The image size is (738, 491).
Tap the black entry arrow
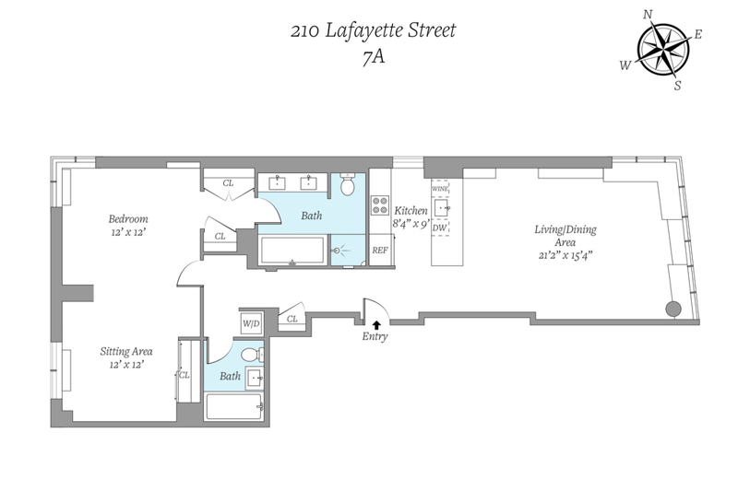(x=376, y=324)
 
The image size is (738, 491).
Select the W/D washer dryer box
(x=250, y=323)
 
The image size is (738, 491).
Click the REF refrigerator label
(x=380, y=251)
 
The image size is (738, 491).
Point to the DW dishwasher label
(x=440, y=228)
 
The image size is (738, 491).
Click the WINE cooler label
(x=440, y=189)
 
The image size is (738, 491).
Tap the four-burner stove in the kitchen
(x=380, y=205)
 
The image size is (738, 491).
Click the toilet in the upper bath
(x=348, y=184)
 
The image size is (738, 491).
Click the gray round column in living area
(x=673, y=310)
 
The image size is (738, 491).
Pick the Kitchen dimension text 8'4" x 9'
(x=411, y=224)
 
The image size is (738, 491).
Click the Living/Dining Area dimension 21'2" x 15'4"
(x=565, y=255)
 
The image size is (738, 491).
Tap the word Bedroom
(x=128, y=219)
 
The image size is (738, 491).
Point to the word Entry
(x=375, y=336)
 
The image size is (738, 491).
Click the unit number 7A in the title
(x=374, y=57)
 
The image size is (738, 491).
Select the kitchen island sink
(x=442, y=207)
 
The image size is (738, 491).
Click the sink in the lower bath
(x=256, y=377)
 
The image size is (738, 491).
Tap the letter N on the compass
(x=649, y=15)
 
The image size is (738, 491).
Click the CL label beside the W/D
(x=292, y=319)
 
